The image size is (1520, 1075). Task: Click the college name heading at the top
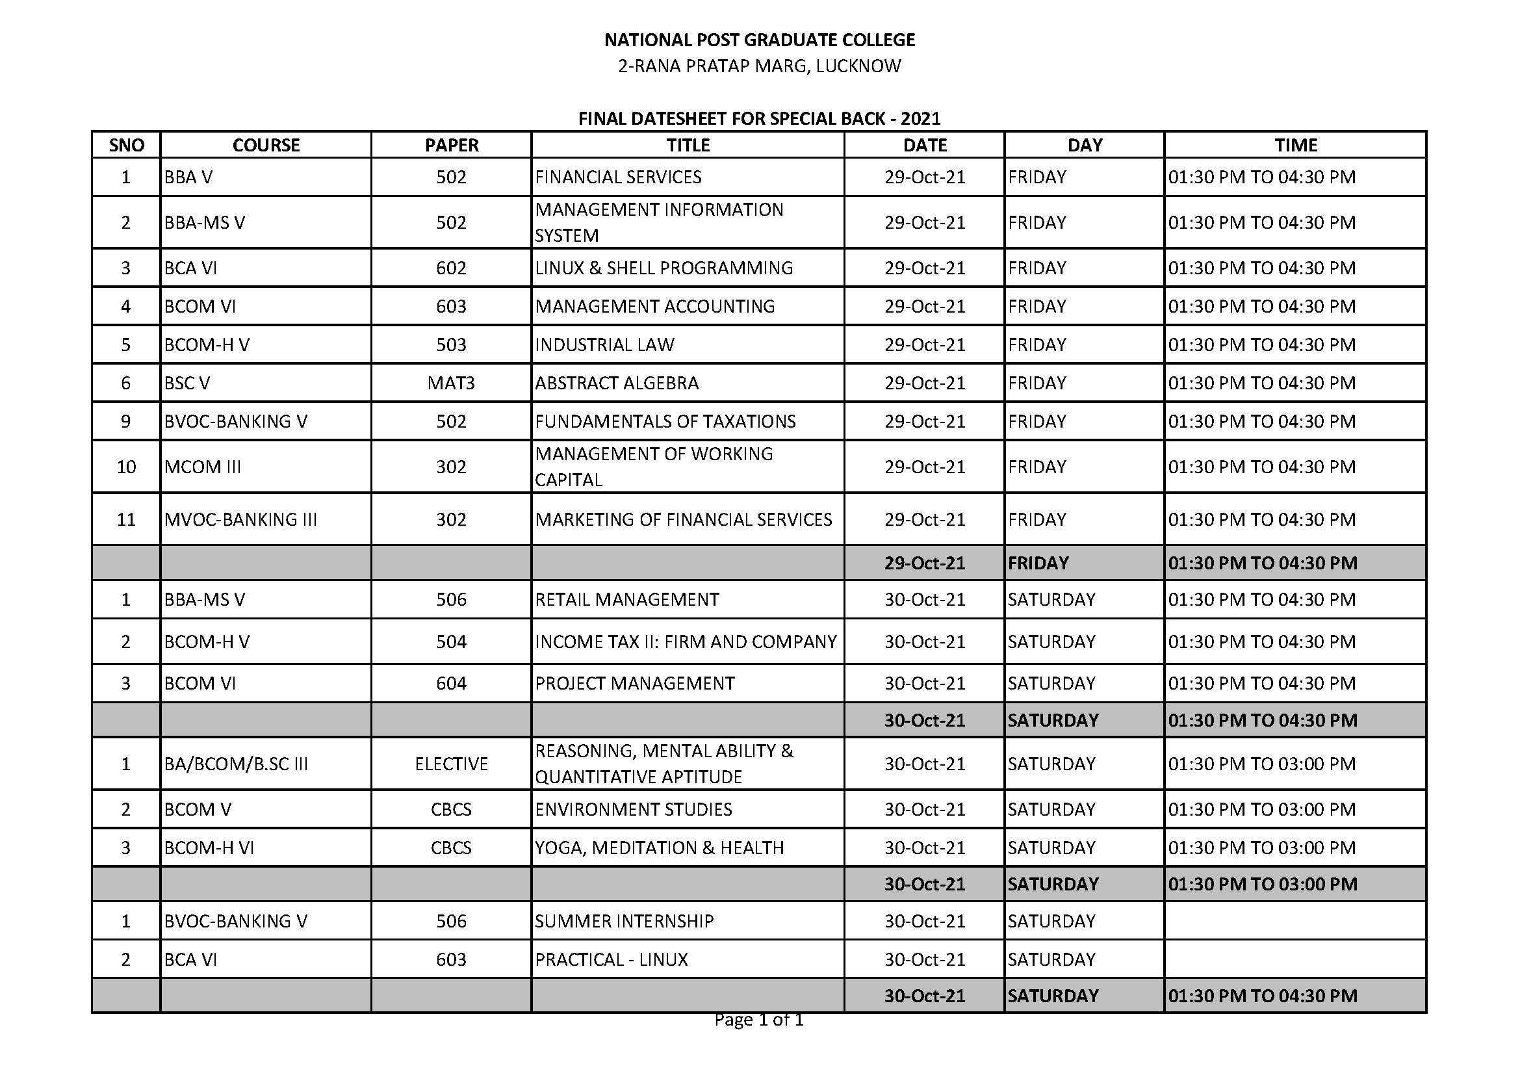point(759,40)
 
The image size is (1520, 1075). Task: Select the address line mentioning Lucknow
point(759,66)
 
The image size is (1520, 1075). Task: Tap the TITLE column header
point(688,145)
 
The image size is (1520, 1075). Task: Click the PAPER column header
point(452,145)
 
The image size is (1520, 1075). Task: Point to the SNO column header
point(126,145)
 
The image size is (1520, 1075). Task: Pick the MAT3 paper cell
point(452,383)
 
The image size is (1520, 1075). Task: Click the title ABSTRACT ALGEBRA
point(616,383)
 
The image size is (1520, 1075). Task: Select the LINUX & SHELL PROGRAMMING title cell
point(663,268)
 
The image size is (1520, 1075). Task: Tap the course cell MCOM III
point(203,467)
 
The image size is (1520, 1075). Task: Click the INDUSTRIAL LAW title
point(604,345)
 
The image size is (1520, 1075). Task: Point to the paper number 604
point(452,683)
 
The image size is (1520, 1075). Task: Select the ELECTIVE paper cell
point(452,764)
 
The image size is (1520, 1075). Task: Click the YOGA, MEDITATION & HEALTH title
point(660,848)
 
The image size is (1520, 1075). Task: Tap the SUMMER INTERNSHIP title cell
point(625,922)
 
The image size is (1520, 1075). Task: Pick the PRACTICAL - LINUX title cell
point(611,960)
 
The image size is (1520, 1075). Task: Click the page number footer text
point(758,1020)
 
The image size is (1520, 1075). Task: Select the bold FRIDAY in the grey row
point(1038,563)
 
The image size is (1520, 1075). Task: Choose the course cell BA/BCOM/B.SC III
point(236,764)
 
